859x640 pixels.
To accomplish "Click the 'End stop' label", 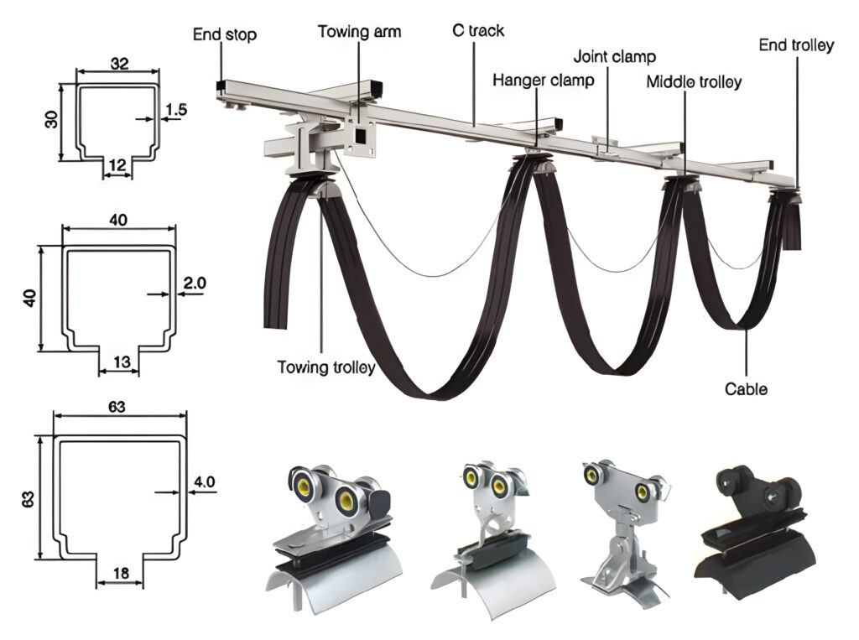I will [x=224, y=35].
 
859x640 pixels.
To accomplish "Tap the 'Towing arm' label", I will [x=359, y=33].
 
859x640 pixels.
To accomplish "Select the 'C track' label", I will [x=475, y=32].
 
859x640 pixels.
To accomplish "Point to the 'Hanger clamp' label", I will [x=543, y=81].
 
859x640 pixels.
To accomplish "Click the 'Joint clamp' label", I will [x=614, y=57].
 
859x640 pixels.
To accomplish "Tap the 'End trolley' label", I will [x=796, y=45].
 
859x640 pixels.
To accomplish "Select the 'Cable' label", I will [x=746, y=389].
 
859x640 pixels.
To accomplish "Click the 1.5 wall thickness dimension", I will [x=175, y=109].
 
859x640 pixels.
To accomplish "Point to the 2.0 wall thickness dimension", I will [x=194, y=284].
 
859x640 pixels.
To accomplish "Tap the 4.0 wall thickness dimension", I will [x=205, y=481].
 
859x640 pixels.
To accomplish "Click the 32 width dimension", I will [x=118, y=64].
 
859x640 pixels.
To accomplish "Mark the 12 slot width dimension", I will [x=117, y=165].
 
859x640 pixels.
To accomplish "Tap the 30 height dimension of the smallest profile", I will [x=49, y=121].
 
